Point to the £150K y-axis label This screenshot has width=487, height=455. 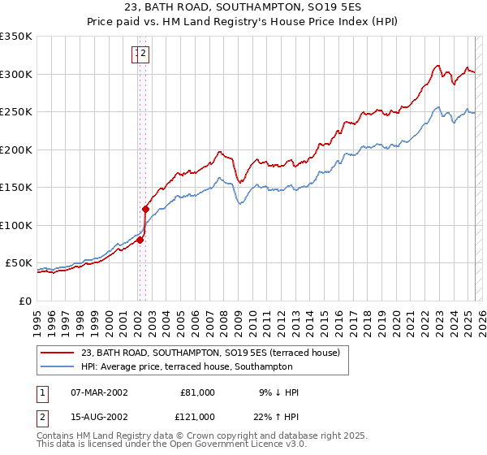[16, 187]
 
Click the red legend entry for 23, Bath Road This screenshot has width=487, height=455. [215, 353]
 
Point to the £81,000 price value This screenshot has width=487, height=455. [197, 392]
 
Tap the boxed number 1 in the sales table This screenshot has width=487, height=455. [42, 392]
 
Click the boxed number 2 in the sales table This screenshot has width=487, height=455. [42, 417]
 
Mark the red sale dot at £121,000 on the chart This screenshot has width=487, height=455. [146, 209]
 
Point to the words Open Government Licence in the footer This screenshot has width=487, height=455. [233, 445]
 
